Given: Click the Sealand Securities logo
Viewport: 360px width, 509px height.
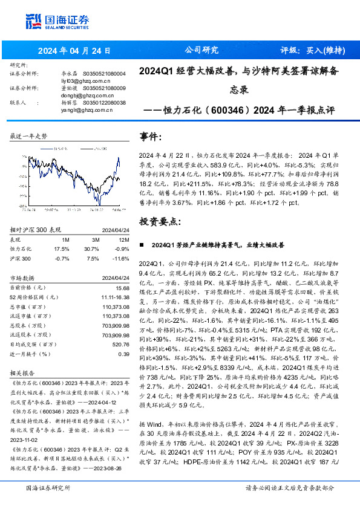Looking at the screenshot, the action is coord(58,22).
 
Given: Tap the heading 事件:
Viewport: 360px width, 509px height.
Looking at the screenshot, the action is coord(151,137).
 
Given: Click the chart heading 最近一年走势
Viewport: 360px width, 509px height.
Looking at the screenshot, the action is coord(28,137).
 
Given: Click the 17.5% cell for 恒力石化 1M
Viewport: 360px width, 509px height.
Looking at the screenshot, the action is coord(62,248).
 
